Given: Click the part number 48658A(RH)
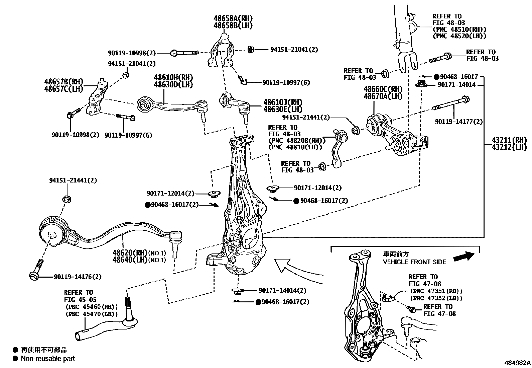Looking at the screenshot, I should click(x=233, y=18).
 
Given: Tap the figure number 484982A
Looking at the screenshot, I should click(x=517, y=362).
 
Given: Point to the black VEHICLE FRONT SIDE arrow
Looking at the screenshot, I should click(x=464, y=257).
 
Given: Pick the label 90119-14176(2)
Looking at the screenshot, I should click(x=78, y=277).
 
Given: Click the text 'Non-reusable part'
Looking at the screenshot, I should click(x=48, y=359).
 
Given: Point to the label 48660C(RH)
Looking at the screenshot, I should click(x=383, y=89).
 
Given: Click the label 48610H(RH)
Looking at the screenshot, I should click(x=173, y=78).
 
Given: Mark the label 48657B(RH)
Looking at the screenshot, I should click(x=63, y=82).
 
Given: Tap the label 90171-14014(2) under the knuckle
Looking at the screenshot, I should click(x=282, y=291).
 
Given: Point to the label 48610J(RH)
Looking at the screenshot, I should click(x=283, y=102).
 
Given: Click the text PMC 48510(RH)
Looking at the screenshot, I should click(x=459, y=29).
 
